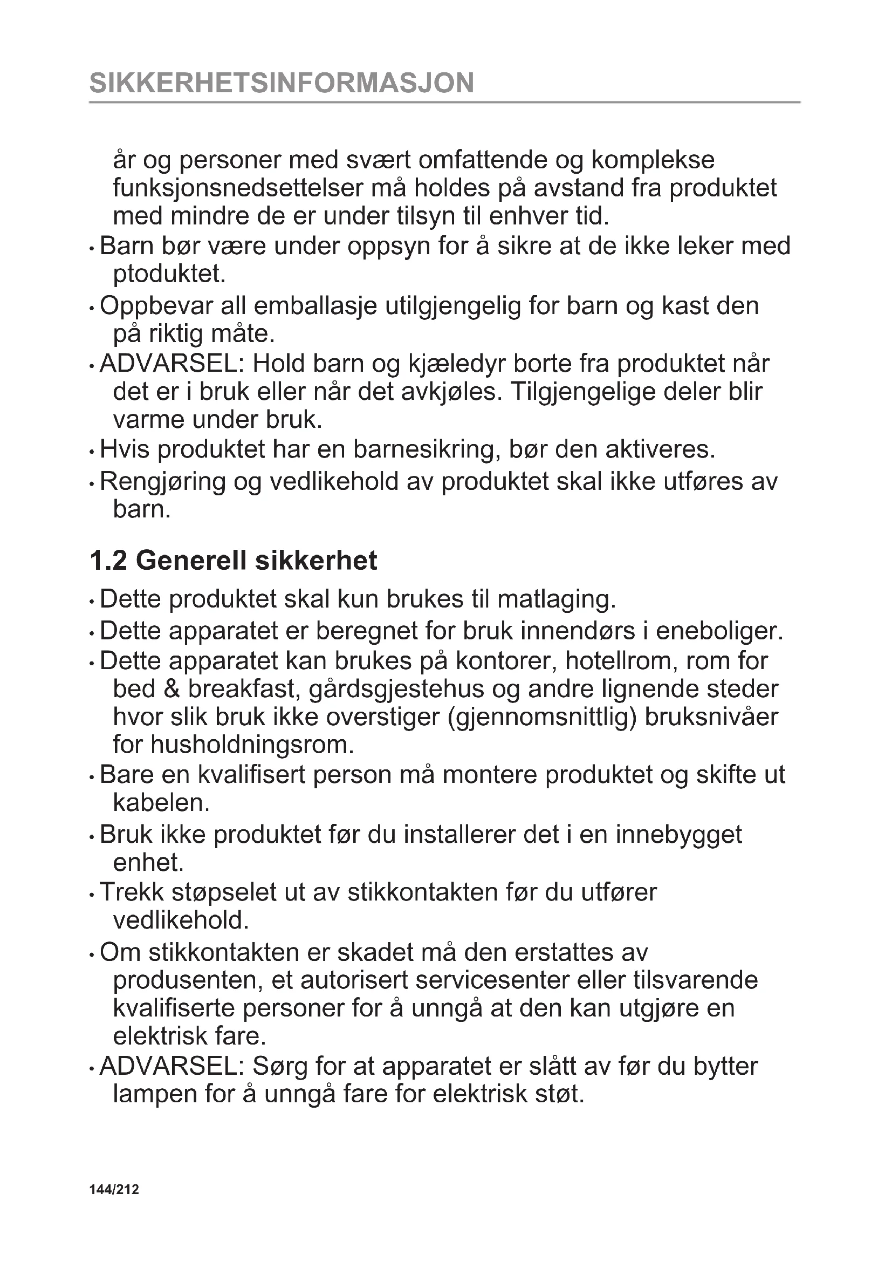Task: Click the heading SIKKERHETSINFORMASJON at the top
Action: pos(281,83)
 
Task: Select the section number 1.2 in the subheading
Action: pos(108,561)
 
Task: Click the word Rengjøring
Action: pos(162,482)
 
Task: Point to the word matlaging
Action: pos(557,599)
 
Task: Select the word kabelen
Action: pos(161,803)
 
